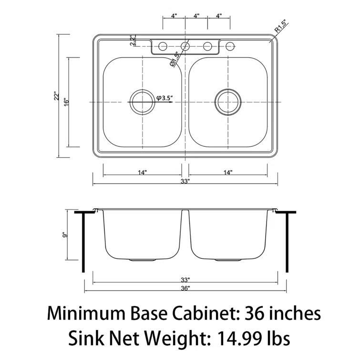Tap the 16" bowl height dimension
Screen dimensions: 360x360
(x=67, y=102)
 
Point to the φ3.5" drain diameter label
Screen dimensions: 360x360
(x=165, y=98)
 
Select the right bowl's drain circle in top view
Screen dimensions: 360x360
(x=228, y=102)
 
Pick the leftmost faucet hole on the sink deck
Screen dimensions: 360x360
(x=163, y=46)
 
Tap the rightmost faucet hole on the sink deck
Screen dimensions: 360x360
(x=230, y=46)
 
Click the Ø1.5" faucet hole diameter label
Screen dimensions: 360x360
(x=174, y=60)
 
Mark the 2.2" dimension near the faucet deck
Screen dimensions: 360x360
(x=133, y=41)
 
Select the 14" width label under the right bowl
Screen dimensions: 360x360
(x=227, y=172)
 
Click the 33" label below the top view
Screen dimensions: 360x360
(x=185, y=181)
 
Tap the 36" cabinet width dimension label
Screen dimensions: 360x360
(x=185, y=288)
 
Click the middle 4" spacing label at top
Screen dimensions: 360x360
(x=196, y=16)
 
